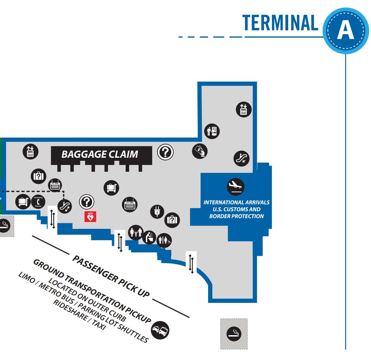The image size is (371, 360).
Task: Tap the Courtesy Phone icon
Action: click(38, 202)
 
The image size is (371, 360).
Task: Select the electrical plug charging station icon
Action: click(157, 212)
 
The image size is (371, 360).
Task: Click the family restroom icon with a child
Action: click(136, 232)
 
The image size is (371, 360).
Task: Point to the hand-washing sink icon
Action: click(149, 237)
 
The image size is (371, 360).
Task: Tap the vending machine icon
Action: click(212, 131)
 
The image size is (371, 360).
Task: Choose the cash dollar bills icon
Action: click(200, 151)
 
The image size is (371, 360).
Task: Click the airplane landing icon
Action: click(236, 187)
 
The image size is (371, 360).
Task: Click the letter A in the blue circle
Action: click(345, 31)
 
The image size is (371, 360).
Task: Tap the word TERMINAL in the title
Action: click(280, 23)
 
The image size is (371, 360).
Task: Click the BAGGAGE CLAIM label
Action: click(100, 154)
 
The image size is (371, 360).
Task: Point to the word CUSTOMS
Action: click(236, 209)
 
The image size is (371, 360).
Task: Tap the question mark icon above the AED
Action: click(87, 202)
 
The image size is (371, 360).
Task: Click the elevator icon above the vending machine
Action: click(244, 109)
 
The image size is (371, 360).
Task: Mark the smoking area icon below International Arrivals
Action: click(234, 333)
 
